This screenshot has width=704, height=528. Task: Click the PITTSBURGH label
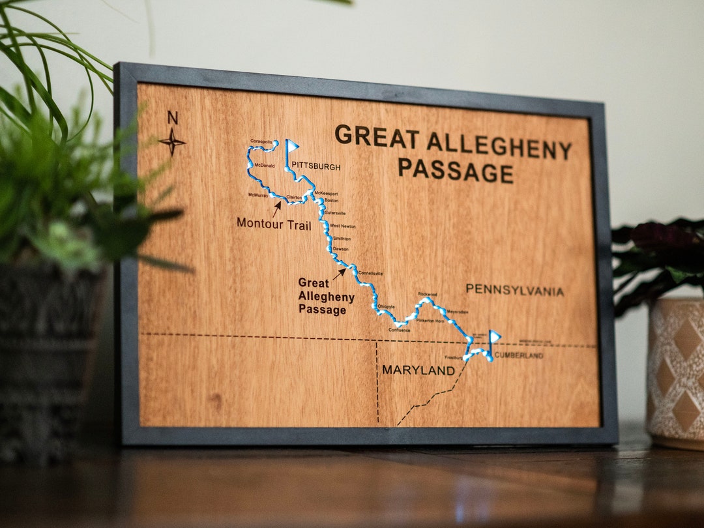[315, 166]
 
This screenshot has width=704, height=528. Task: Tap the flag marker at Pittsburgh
[291, 147]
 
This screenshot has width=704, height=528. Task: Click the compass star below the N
[172, 141]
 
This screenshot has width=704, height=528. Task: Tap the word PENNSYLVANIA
[514, 290]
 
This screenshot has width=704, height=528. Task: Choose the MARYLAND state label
[418, 370]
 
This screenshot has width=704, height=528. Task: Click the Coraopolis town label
[261, 141]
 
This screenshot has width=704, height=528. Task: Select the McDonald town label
[265, 166]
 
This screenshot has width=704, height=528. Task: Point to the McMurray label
[258, 195]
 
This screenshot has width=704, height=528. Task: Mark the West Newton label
[343, 226]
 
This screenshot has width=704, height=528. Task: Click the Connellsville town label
[370, 273]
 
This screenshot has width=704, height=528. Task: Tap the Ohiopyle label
[386, 306]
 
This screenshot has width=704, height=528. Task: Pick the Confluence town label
[400, 330]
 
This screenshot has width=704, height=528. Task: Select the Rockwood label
[427, 294]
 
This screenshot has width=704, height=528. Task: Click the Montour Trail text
[274, 224]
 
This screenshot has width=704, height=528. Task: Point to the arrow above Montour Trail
[277, 208]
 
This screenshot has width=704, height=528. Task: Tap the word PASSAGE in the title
[456, 170]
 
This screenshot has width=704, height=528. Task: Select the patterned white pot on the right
[675, 372]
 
